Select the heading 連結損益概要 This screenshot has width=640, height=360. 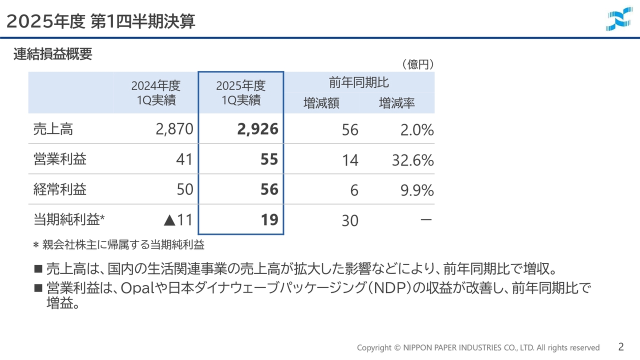pyautogui.click(x=53, y=54)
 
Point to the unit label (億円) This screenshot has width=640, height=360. pyautogui.click(x=417, y=64)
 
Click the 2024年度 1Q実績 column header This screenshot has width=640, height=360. pyautogui.click(x=156, y=92)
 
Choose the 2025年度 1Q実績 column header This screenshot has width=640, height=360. pyautogui.click(x=241, y=92)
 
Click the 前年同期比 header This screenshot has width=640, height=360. pyautogui.click(x=359, y=82)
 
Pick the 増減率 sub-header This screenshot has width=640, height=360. pyautogui.click(x=396, y=103)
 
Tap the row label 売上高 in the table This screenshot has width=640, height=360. pyautogui.click(x=53, y=129)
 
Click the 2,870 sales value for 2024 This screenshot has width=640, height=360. pyautogui.click(x=174, y=129)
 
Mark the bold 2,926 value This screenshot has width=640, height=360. pyautogui.click(x=257, y=129)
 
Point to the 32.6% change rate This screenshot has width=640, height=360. pyautogui.click(x=413, y=160)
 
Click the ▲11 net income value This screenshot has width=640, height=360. pyautogui.click(x=177, y=219)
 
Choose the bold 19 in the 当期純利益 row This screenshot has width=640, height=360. pyautogui.click(x=269, y=219)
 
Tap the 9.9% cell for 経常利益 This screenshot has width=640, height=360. pyautogui.click(x=417, y=190)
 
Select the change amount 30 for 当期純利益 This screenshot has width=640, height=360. pyautogui.click(x=350, y=220)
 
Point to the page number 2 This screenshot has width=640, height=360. pyautogui.click(x=621, y=347)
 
